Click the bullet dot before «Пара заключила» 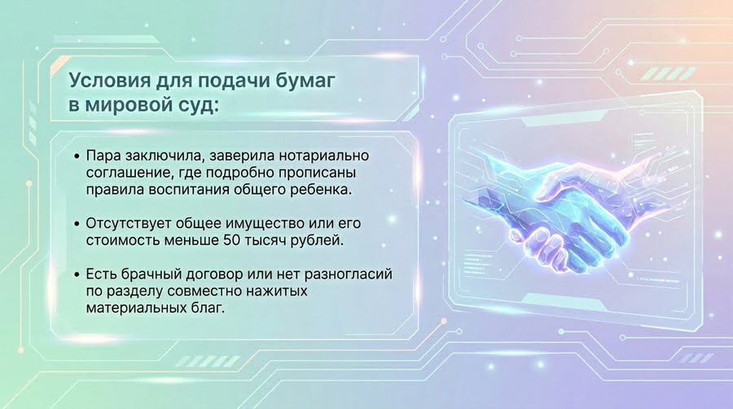click(x=77, y=156)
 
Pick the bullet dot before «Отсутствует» click(x=77, y=224)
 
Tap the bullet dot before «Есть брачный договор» click(x=77, y=275)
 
